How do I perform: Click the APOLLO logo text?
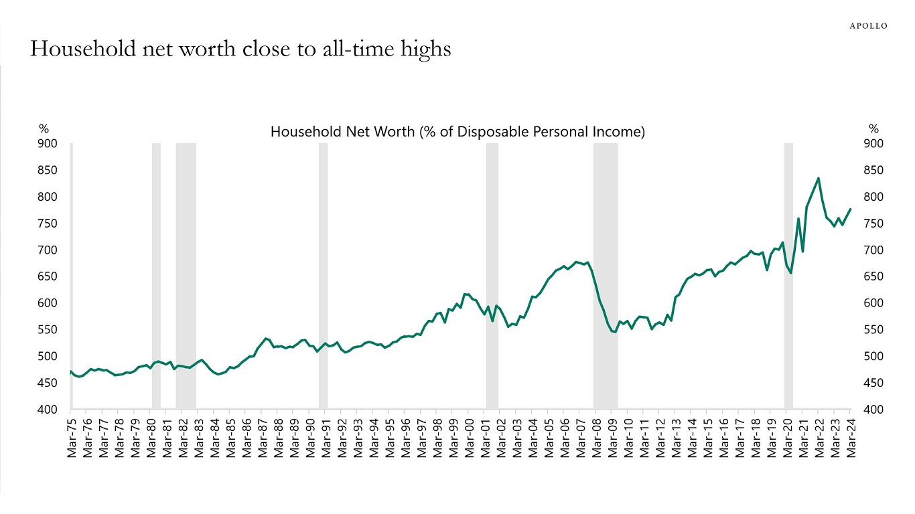click(x=868, y=26)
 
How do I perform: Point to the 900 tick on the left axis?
click(x=48, y=144)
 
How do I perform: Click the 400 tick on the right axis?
click(x=873, y=410)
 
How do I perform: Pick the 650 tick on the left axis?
click(x=48, y=276)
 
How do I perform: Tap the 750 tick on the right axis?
click(x=873, y=224)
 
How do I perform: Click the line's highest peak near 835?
click(x=818, y=179)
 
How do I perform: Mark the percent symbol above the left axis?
click(x=44, y=129)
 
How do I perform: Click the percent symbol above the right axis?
click(x=873, y=129)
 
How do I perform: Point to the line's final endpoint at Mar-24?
click(x=850, y=209)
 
